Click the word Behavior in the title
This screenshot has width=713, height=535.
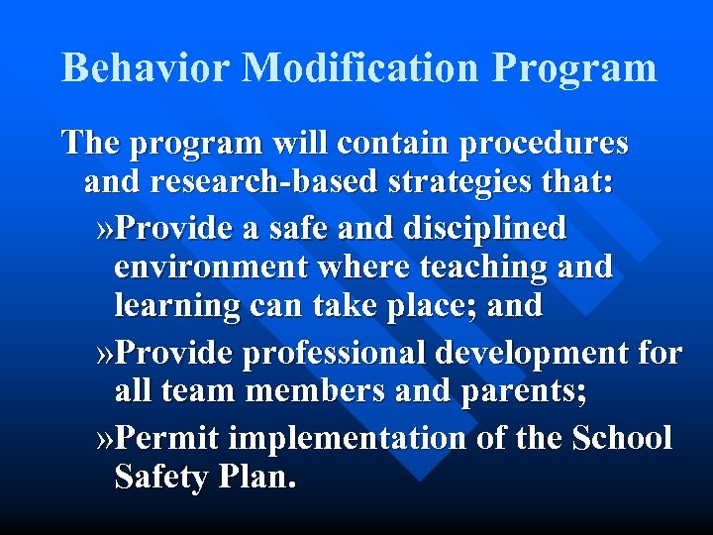(146, 68)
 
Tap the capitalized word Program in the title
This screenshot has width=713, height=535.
(574, 68)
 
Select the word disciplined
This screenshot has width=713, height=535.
(484, 229)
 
